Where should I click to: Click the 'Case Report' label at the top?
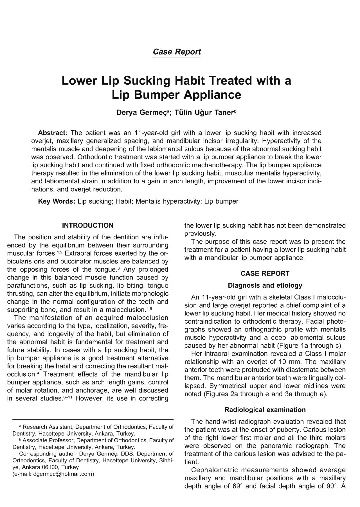(176, 52)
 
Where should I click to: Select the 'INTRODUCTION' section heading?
(88, 225)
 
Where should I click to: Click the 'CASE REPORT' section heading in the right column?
(265, 273)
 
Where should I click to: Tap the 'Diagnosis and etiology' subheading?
(265, 285)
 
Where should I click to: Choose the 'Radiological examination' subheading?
(265, 410)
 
